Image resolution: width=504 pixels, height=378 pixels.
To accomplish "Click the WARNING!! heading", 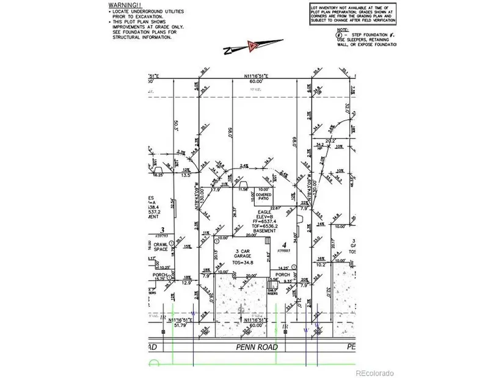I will coord(121,5).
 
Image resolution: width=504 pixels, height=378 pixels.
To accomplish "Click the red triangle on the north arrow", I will coord(252,46).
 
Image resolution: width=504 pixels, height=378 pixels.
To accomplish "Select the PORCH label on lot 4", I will coord(282,274).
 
